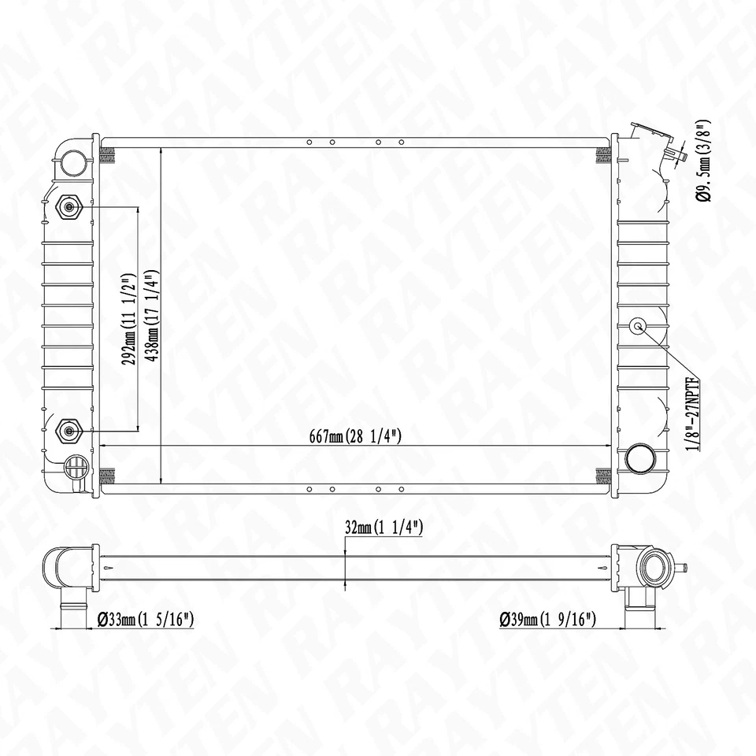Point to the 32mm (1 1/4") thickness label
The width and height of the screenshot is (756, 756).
click(x=384, y=528)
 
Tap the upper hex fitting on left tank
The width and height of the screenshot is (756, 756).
click(x=69, y=207)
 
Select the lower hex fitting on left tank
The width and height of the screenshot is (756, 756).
click(x=69, y=430)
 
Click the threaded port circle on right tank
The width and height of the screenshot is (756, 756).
click(x=637, y=327)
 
